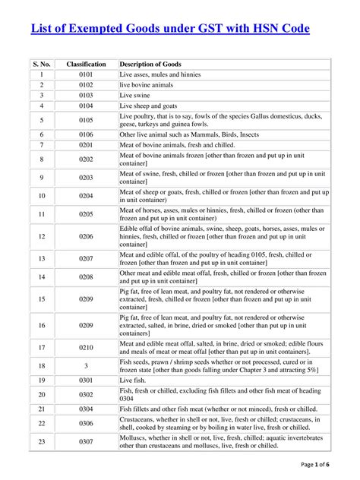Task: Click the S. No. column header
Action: [x=42, y=65]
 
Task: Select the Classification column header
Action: [x=86, y=65]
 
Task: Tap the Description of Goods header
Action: [x=150, y=65]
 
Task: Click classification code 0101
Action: [x=86, y=75]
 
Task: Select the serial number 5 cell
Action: [x=42, y=120]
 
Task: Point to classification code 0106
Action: [x=86, y=134]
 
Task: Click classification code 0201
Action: [x=86, y=144]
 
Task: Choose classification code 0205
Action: [x=86, y=215]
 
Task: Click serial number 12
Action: [x=42, y=237]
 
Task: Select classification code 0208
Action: [x=86, y=278]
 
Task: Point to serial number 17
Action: [x=42, y=348]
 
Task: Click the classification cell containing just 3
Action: [x=86, y=366]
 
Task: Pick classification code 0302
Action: [x=86, y=395]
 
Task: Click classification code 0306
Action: [x=86, y=423]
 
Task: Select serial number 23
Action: [x=42, y=441]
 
